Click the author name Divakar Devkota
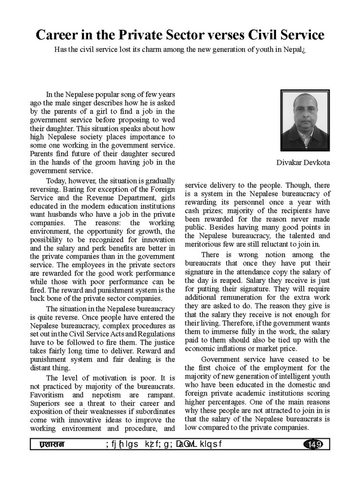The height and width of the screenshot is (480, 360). (303, 163)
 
